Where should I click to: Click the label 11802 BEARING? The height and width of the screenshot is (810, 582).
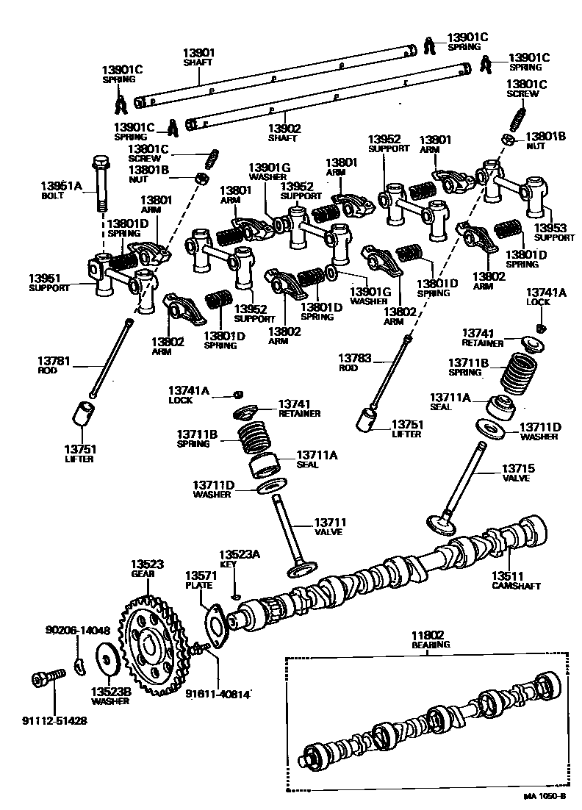(x=430, y=638)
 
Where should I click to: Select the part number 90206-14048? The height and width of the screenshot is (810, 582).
(x=77, y=630)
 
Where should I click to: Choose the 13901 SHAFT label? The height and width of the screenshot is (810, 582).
(x=198, y=57)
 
